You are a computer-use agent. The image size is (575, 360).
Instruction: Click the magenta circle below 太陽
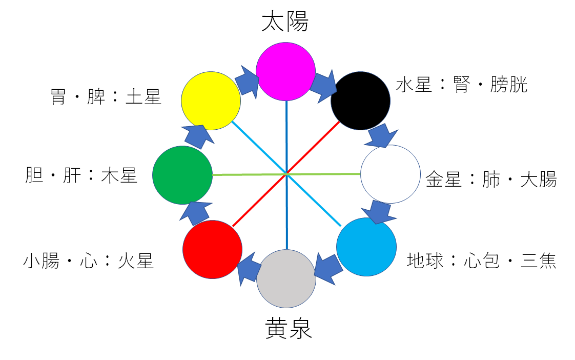click(x=285, y=71)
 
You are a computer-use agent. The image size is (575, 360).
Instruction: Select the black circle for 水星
click(x=361, y=101)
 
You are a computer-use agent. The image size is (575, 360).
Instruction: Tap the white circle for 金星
click(x=391, y=174)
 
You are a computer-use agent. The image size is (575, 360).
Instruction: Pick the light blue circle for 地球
click(x=366, y=247)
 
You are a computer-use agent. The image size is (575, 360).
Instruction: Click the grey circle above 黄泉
click(x=286, y=278)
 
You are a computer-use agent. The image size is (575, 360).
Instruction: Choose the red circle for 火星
click(x=212, y=249)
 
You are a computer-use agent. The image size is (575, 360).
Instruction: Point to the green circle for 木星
click(x=182, y=175)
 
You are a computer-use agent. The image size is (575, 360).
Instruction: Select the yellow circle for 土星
click(x=211, y=101)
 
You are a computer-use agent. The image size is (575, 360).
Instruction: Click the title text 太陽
click(x=285, y=22)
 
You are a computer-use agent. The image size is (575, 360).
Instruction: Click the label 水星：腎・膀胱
click(x=461, y=85)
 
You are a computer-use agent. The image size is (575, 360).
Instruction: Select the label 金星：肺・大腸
click(x=491, y=179)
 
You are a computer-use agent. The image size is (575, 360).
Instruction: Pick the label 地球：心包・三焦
click(x=481, y=261)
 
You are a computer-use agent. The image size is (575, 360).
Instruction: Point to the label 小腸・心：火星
click(x=88, y=261)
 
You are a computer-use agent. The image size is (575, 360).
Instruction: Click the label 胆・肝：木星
click(x=81, y=176)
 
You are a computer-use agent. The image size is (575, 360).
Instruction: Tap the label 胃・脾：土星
click(x=106, y=96)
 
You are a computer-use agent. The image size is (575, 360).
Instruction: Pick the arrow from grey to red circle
click(x=248, y=266)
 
